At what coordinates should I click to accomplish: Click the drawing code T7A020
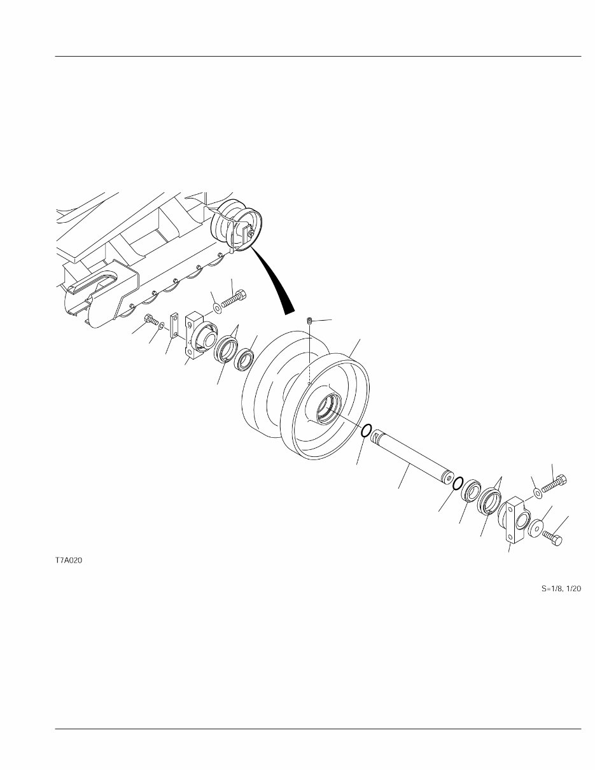pos(69,561)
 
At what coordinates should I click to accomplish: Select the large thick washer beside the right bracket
pos(536,528)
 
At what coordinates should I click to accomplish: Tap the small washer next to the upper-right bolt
pos(538,493)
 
